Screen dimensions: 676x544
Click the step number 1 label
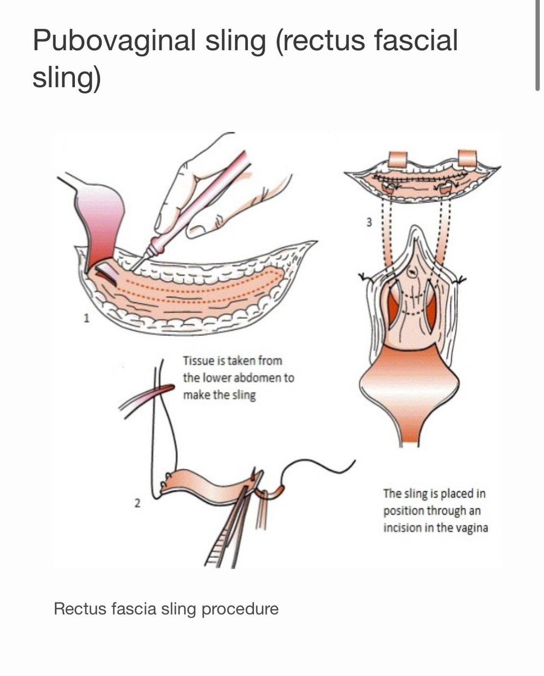coord(86,318)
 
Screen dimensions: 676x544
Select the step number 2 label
coord(137,503)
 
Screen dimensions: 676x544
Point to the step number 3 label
coord(369,222)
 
